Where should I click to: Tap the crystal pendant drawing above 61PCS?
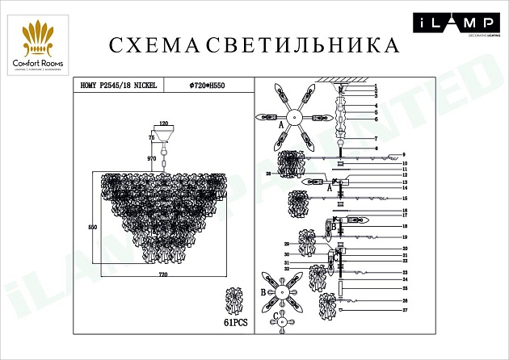coord(233,301)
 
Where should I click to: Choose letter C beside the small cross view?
coord(274,315)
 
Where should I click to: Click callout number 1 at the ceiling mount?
coord(376,86)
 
